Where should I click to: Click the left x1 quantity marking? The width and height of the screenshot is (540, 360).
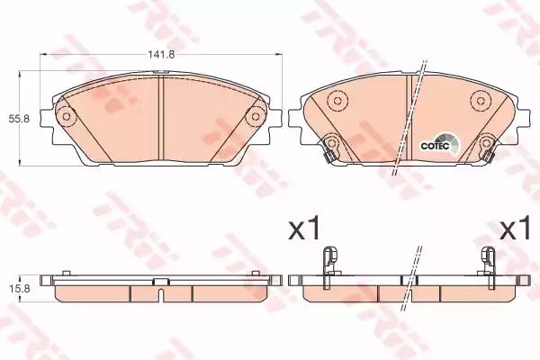click(304, 229)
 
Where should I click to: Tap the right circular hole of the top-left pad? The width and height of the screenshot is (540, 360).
click(255, 115)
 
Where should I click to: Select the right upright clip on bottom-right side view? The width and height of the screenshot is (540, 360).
click(489, 260)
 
